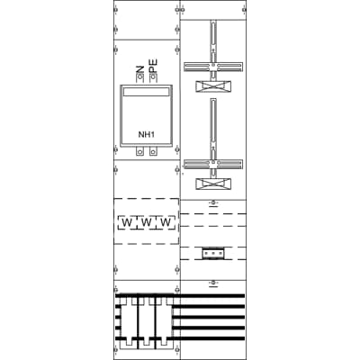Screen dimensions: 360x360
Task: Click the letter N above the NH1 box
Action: point(139,68)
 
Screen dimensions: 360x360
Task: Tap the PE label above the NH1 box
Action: point(154,67)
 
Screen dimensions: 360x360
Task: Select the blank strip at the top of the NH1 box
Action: point(146,92)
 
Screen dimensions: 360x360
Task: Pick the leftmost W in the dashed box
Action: point(127,221)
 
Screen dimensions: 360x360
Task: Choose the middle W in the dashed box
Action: point(145,221)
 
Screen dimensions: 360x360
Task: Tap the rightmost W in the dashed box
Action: point(164,221)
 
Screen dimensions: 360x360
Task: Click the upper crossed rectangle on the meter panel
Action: point(213,87)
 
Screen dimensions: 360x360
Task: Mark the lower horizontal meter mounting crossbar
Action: point(213,164)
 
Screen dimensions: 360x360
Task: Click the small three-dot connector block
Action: point(212,253)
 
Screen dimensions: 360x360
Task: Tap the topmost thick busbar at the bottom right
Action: point(212,295)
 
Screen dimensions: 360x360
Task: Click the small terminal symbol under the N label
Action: point(139,78)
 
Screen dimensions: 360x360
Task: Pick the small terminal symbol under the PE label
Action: point(154,78)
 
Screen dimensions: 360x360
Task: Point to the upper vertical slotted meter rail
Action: point(213,40)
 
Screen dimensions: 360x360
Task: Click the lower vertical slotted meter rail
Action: point(213,126)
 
